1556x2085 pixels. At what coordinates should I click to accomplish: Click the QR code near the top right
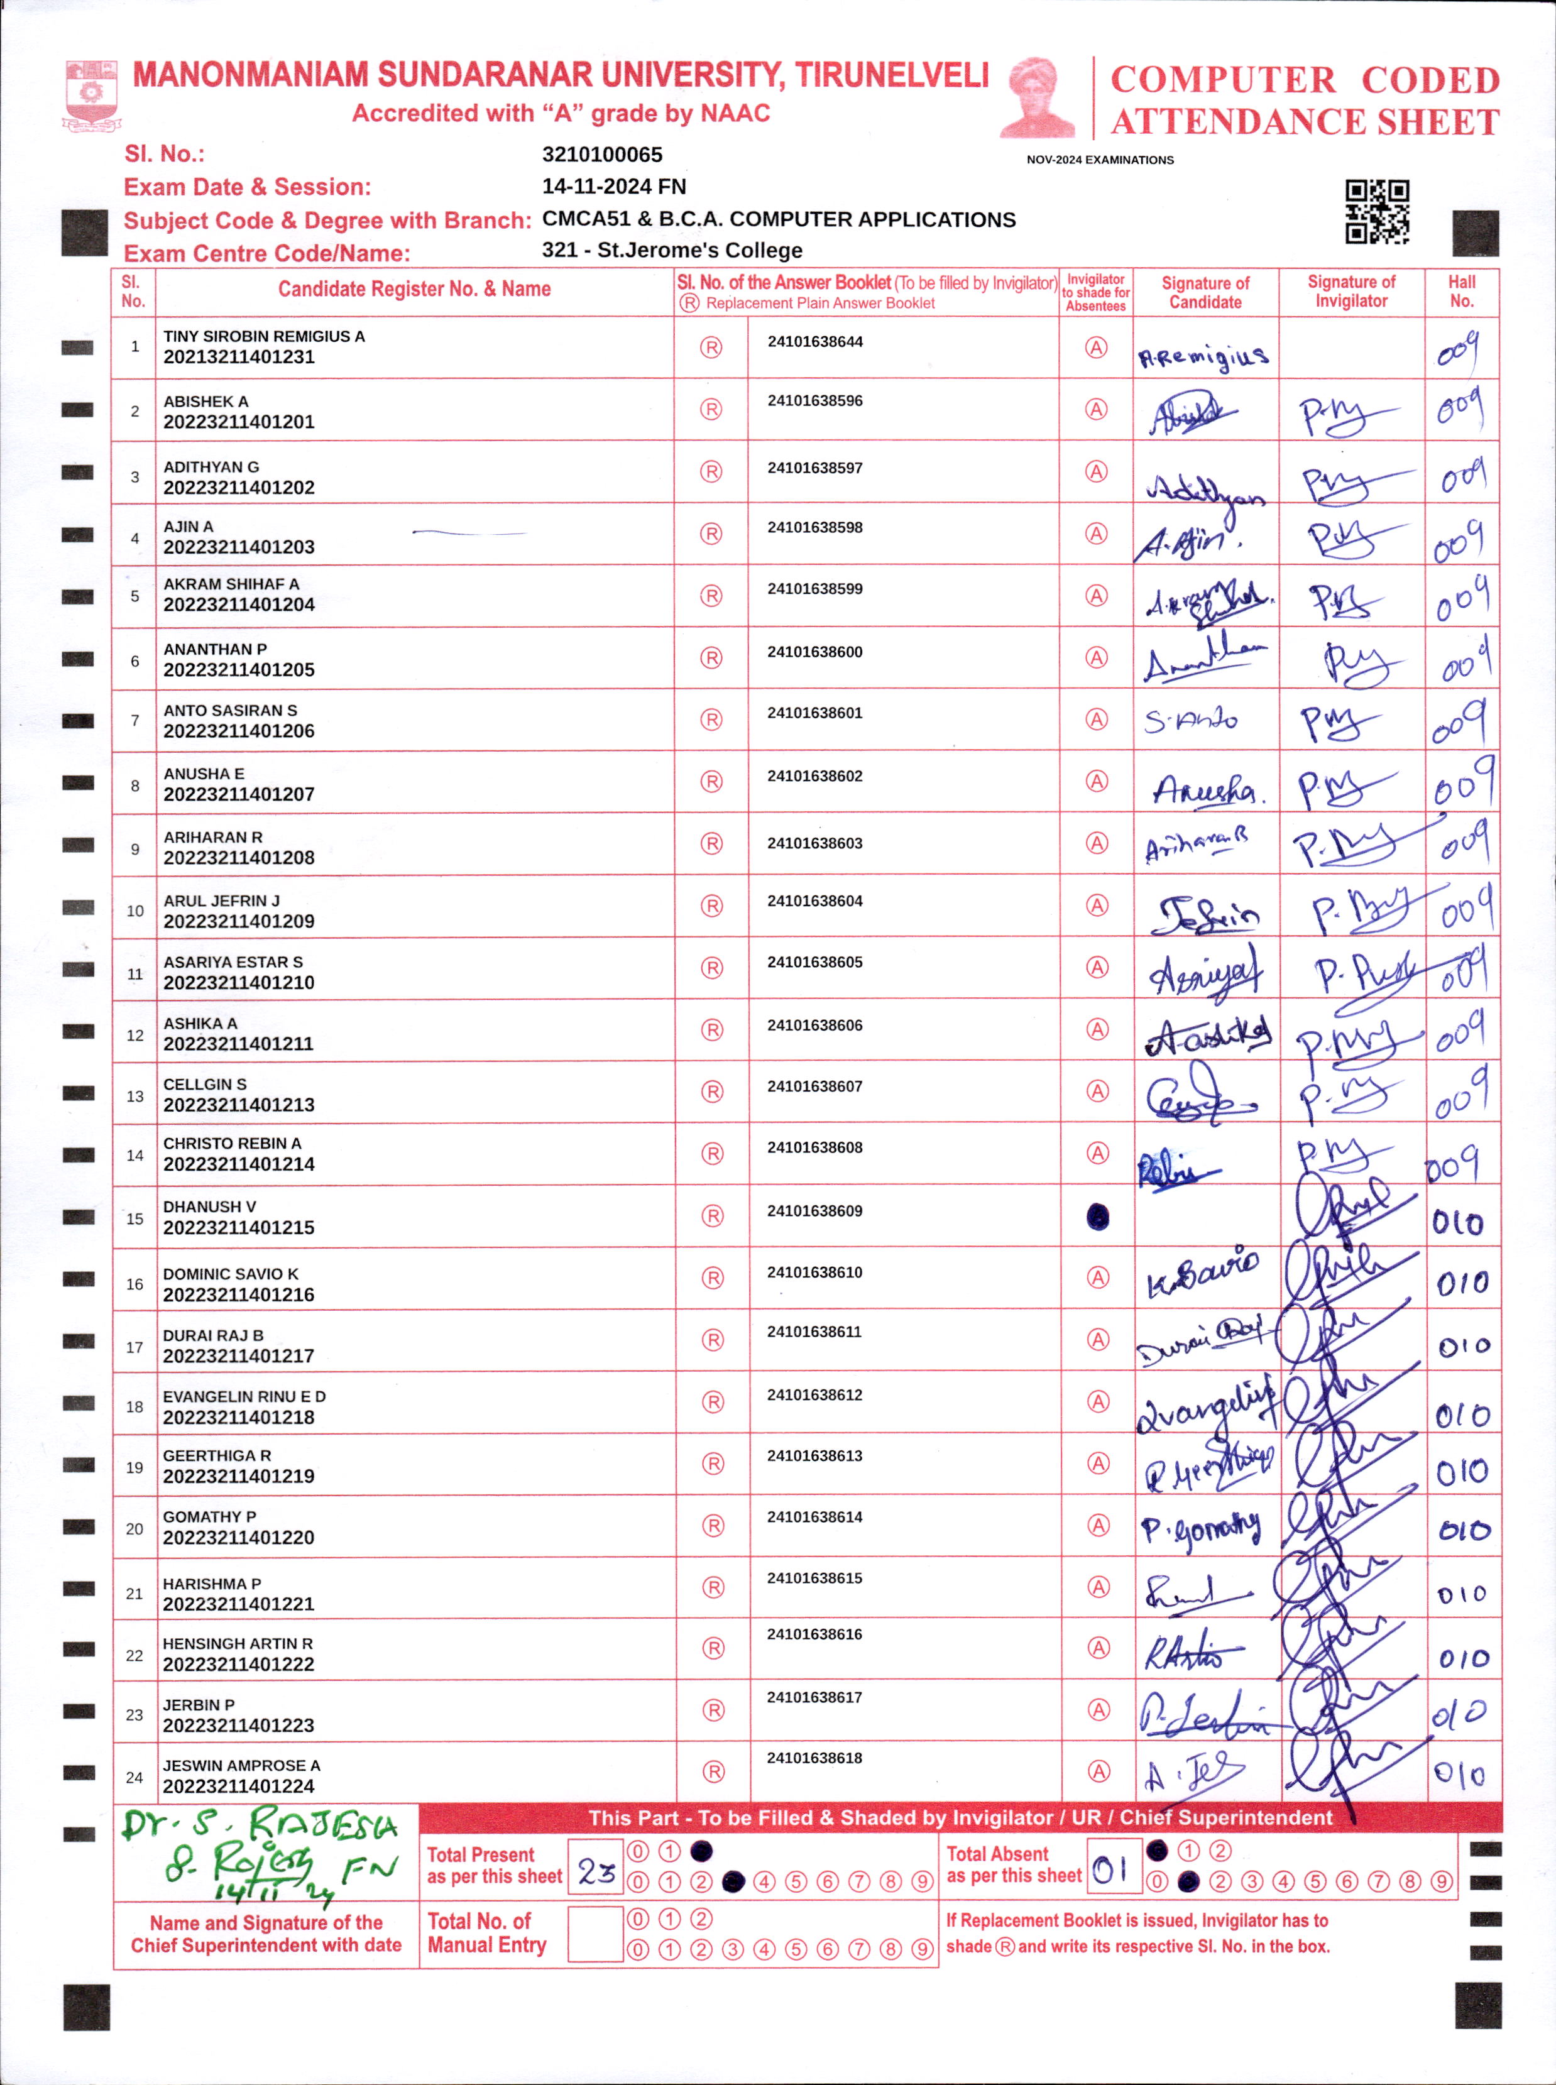1377,212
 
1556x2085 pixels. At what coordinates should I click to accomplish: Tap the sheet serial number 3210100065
602,155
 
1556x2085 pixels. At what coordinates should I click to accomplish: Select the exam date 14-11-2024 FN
613,187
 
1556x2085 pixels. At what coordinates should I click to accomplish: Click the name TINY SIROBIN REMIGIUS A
264,336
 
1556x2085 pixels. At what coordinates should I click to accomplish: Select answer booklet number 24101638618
814,1758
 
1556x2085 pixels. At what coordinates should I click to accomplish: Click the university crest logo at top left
90,94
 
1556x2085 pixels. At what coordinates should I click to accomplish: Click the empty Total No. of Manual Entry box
595,1934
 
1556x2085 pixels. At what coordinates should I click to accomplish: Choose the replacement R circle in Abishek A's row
711,410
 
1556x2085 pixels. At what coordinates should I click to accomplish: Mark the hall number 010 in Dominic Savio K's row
1462,1283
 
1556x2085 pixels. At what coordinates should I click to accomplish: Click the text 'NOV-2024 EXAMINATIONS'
1099,160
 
